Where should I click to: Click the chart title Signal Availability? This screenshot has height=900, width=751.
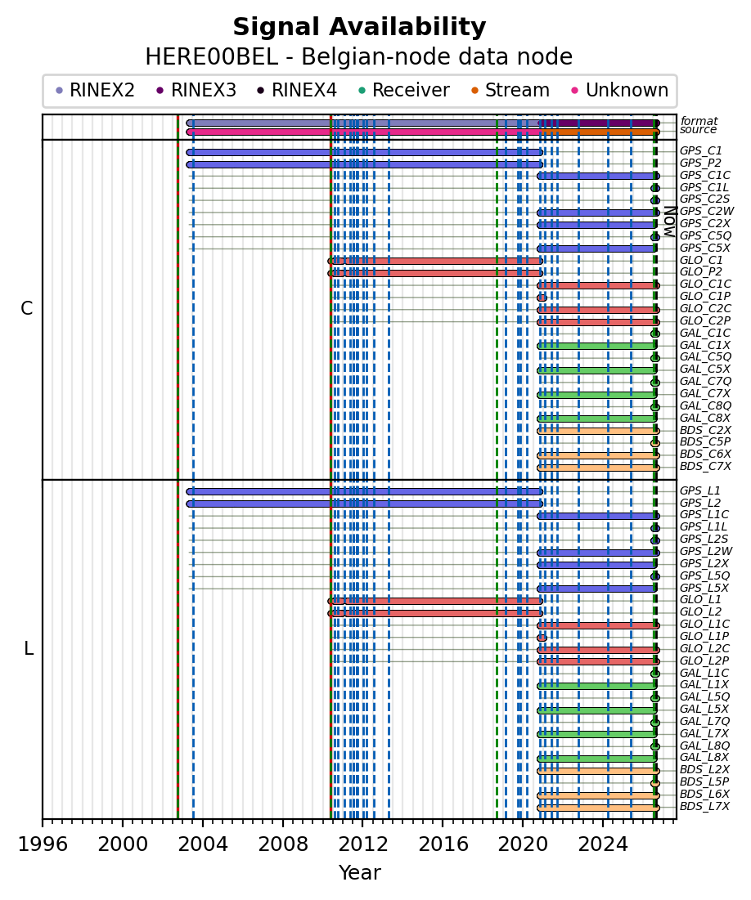pos(359,27)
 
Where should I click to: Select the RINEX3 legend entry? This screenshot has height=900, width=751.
pos(196,90)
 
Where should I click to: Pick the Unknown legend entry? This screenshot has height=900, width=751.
pos(620,90)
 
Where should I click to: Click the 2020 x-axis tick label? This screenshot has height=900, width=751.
pos(522,844)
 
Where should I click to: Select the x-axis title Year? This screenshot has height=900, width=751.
pos(359,872)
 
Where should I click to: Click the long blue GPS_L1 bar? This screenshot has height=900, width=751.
pos(364,492)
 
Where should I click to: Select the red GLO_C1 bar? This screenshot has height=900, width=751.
pos(435,261)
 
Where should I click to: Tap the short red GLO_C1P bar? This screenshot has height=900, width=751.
pos(542,298)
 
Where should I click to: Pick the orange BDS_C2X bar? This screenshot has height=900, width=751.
pos(598,431)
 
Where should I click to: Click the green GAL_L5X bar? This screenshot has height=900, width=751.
pos(596,710)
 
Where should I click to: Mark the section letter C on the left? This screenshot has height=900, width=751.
pos(26,309)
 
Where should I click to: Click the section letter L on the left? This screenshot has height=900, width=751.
pos(28,649)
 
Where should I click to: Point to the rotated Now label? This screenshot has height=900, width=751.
pos(669,222)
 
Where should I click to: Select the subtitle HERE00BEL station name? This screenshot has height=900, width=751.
pos(212,57)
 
